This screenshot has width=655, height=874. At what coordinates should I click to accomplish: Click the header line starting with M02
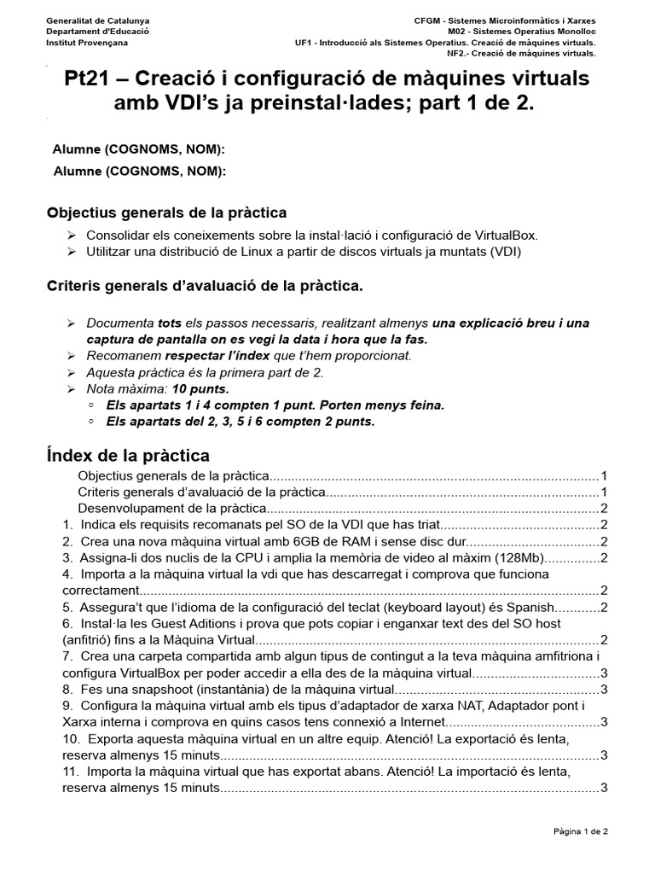(524, 29)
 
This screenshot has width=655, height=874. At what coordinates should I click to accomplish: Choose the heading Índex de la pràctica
(127, 456)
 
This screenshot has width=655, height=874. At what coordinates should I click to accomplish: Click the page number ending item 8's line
(603, 689)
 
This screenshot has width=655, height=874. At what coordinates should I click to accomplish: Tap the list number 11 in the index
(70, 771)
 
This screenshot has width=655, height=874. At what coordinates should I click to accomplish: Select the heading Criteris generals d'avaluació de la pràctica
(204, 287)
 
